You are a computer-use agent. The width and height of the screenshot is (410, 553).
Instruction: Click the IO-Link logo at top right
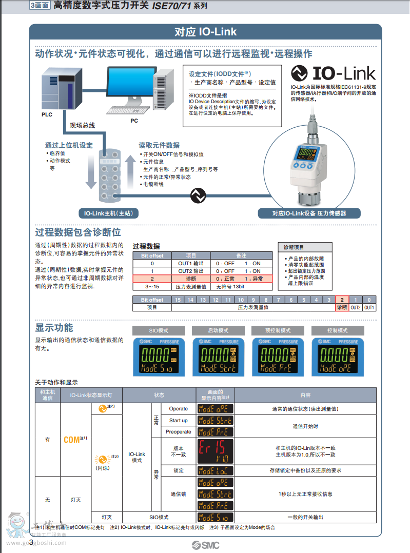click(x=333, y=73)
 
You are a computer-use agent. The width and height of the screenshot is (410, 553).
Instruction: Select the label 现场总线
click(x=83, y=125)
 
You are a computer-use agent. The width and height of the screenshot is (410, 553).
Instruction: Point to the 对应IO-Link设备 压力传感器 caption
click(x=309, y=213)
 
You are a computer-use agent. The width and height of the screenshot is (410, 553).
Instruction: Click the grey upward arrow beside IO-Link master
click(x=130, y=174)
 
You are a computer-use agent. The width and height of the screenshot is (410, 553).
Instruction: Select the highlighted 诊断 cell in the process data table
click(x=191, y=279)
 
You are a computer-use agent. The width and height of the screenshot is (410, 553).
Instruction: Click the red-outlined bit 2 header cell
click(x=342, y=300)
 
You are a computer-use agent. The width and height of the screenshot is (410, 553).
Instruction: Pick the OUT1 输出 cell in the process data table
click(x=191, y=263)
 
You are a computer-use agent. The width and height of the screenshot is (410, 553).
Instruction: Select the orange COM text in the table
click(x=72, y=440)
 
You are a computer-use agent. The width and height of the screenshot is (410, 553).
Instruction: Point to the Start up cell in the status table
click(x=179, y=421)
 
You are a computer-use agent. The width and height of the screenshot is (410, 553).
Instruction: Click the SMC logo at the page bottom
click(x=205, y=545)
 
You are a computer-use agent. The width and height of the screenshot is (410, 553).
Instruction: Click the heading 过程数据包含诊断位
click(x=78, y=232)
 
